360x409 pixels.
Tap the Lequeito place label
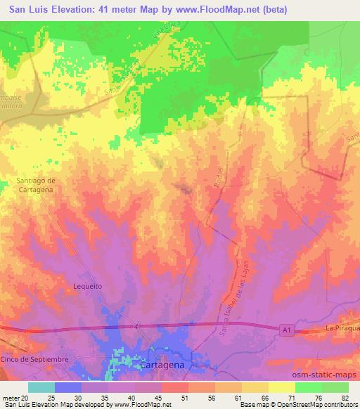pos(88,286)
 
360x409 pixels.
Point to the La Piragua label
pos(342,328)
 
